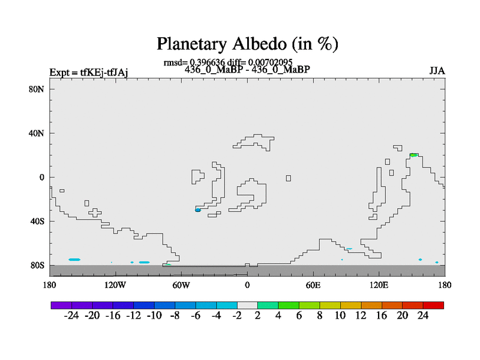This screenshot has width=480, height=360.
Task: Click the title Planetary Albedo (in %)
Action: (x=247, y=44)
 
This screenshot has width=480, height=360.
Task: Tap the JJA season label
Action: (x=437, y=71)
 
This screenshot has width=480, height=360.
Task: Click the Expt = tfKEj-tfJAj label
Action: (x=89, y=73)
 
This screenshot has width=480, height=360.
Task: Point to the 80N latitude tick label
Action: (x=37, y=89)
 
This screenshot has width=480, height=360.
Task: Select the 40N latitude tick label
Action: (x=37, y=133)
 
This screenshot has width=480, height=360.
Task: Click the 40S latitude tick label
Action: (x=37, y=221)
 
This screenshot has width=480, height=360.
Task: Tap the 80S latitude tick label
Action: (x=37, y=265)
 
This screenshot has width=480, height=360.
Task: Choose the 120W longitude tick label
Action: (x=115, y=286)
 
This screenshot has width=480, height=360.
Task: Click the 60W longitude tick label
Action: (x=181, y=286)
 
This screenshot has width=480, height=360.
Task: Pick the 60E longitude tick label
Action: (x=313, y=286)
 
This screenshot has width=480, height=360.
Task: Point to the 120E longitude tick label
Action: (x=379, y=286)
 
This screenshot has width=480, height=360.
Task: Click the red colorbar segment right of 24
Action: (x=433, y=305)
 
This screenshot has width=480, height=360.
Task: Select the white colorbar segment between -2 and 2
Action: (x=247, y=305)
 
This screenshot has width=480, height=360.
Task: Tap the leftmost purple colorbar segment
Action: (x=61, y=305)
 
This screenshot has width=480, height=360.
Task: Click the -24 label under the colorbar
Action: (x=71, y=316)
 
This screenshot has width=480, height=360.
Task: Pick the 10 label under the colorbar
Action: (x=340, y=316)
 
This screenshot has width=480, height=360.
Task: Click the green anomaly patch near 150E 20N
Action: (x=414, y=155)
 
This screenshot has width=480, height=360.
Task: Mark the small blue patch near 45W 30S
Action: (x=198, y=209)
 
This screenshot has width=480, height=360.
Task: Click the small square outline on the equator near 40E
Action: (x=289, y=178)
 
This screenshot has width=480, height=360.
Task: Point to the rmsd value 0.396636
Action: (x=207, y=62)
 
